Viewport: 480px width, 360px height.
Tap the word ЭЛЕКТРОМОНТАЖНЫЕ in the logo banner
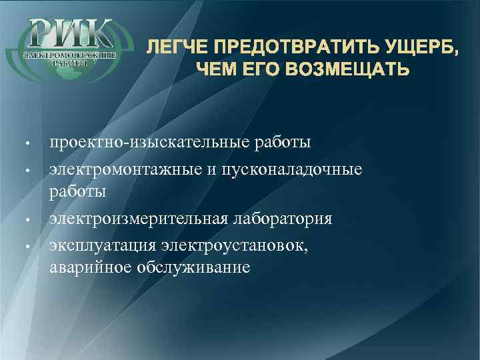pyautogui.click(x=71, y=53)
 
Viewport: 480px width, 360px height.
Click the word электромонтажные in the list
pyautogui.click(x=124, y=169)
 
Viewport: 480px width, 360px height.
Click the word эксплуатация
pyautogui.click(x=100, y=245)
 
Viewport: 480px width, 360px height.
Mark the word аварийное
pyautogui.click(x=89, y=268)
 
